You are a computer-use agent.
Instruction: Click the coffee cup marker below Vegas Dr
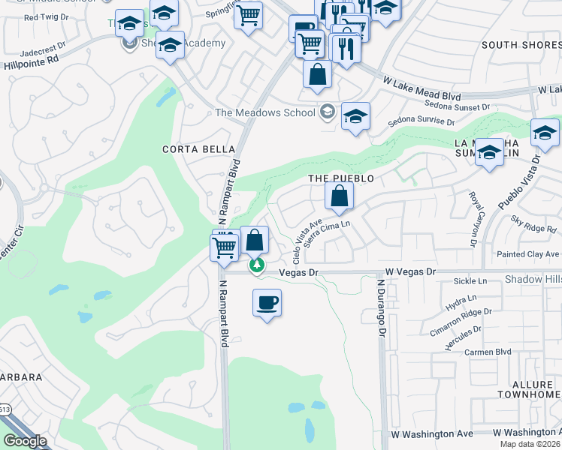click(267, 304)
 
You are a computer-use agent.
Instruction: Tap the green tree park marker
click(257, 265)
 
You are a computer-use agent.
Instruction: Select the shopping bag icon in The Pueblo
click(340, 196)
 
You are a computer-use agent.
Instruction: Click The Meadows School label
click(264, 113)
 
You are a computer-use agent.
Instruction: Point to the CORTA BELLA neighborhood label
click(195, 149)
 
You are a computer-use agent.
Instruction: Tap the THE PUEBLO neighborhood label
click(341, 178)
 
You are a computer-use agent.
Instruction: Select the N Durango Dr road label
click(382, 309)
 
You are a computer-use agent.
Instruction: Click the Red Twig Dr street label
click(47, 16)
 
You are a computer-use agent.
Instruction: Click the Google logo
click(25, 441)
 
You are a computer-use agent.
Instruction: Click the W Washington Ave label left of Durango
click(432, 434)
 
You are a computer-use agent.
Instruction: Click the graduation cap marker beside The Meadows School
click(355, 116)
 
